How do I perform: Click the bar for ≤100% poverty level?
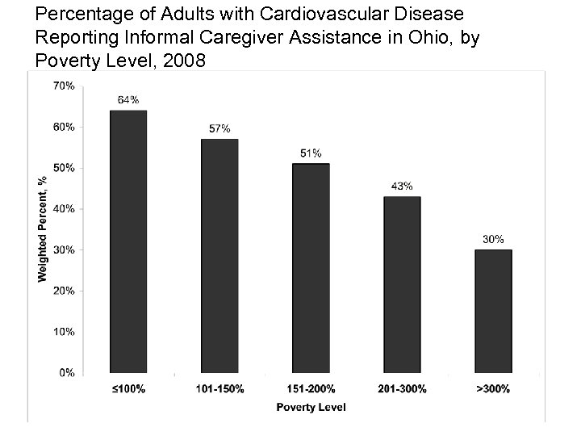pyautogui.click(x=127, y=241)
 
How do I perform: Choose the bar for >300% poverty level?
pyautogui.click(x=493, y=311)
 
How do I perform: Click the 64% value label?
pyautogui.click(x=127, y=100)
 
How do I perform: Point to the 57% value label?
pyautogui.click(x=219, y=128)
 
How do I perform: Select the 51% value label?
pyautogui.click(x=311, y=153)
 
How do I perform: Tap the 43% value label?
pyautogui.click(x=402, y=186)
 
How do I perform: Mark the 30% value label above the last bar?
pyautogui.click(x=493, y=239)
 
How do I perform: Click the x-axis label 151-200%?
pyautogui.click(x=311, y=389)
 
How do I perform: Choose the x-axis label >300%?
pyautogui.click(x=493, y=389)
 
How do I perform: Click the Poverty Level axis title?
pyautogui.click(x=311, y=408)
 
